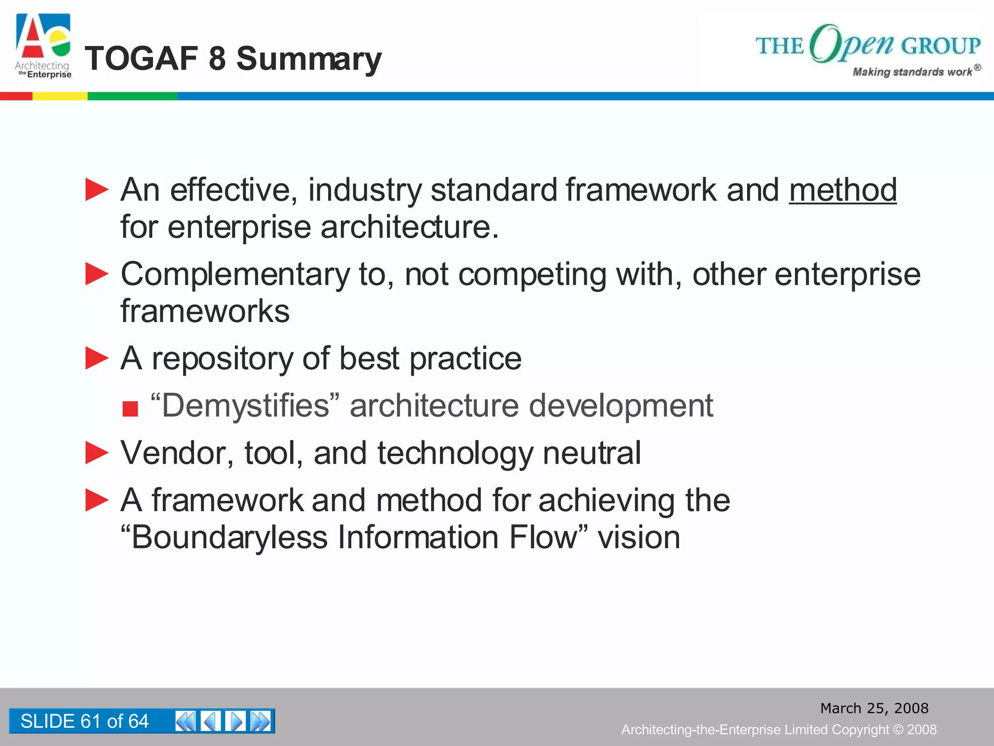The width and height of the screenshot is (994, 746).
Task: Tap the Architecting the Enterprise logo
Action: point(43,46)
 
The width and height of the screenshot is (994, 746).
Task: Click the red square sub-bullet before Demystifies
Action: point(130,408)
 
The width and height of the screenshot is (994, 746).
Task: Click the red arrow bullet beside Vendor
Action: point(97,453)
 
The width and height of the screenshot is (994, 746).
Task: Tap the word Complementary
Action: point(235,274)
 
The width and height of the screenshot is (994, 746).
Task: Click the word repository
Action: point(222,358)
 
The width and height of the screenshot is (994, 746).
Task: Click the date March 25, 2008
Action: point(874,708)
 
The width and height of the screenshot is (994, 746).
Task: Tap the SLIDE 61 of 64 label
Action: point(84,721)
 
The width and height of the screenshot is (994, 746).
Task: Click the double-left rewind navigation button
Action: point(185,721)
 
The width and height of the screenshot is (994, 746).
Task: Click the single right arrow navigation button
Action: point(235,721)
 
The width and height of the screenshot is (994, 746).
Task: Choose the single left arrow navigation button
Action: point(211,721)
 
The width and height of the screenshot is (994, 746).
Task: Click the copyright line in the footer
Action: point(779,729)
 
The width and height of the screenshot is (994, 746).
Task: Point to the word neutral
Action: point(592,453)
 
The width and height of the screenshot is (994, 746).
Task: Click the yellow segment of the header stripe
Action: point(60,96)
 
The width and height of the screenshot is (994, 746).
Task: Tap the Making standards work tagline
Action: point(912,72)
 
